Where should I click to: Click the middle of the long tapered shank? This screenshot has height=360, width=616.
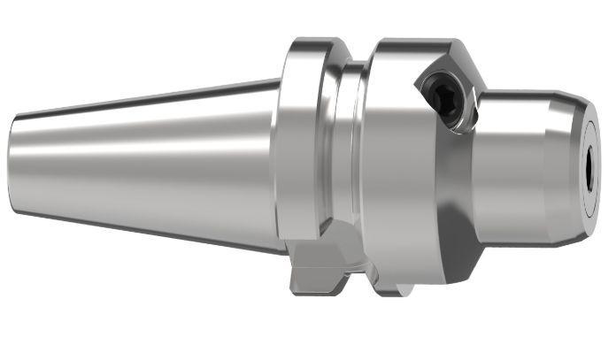point(150,164)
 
